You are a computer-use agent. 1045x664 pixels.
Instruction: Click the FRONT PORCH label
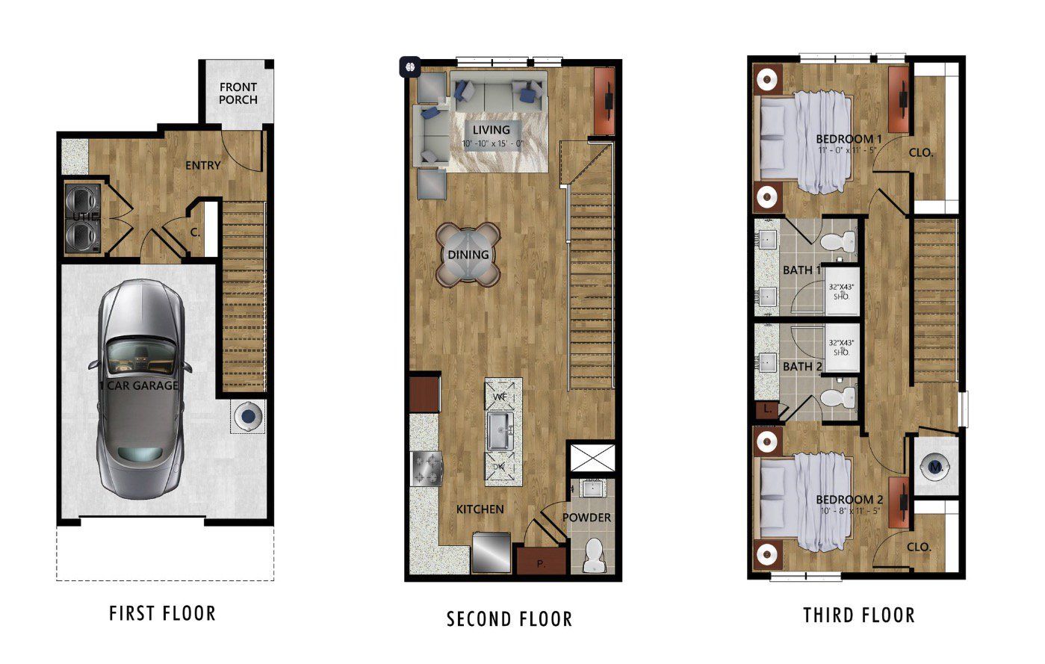[x=238, y=93]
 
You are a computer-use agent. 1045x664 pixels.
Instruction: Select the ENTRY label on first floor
[x=202, y=164]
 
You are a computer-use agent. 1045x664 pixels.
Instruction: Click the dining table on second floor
[x=468, y=255]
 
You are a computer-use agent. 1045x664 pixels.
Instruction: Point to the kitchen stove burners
[x=426, y=469]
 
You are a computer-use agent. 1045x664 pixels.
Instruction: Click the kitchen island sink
[x=500, y=430]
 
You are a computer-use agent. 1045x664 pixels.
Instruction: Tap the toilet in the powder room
[x=594, y=555]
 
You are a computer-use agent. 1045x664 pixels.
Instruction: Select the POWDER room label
[x=586, y=518]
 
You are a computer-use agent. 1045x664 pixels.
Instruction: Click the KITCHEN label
[x=480, y=509]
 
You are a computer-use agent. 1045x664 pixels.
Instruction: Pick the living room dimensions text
[x=492, y=143]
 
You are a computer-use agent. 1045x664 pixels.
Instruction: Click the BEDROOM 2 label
[x=849, y=500]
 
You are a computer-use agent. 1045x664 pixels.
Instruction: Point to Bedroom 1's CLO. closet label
[x=920, y=152]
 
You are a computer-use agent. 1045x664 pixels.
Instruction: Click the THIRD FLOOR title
[x=858, y=615]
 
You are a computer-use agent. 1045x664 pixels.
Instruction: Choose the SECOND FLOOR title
[x=509, y=618]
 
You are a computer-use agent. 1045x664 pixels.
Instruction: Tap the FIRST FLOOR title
[x=162, y=613]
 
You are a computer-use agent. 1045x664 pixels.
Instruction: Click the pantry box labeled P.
[x=542, y=564]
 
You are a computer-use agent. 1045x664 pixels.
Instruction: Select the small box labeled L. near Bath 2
[x=767, y=409]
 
